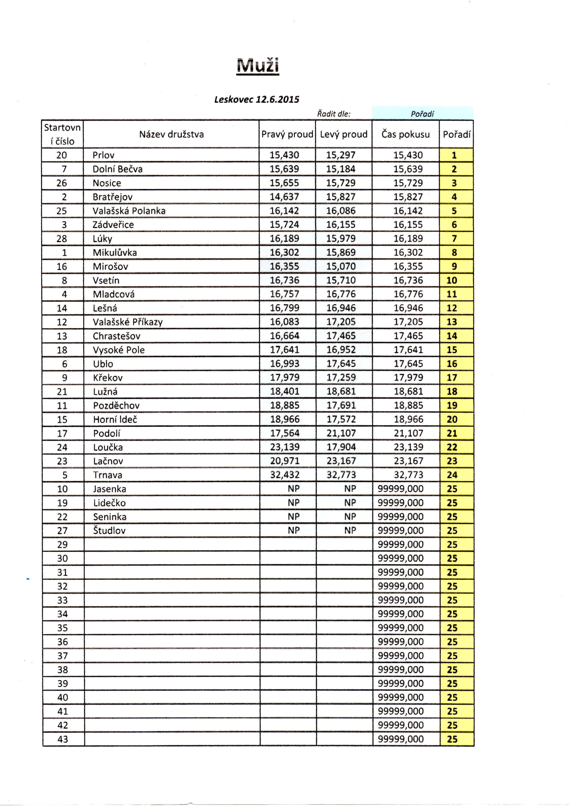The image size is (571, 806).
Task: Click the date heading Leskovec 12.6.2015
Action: tap(257, 99)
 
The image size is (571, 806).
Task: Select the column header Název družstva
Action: tap(171, 134)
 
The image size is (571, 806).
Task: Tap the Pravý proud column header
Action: tap(287, 134)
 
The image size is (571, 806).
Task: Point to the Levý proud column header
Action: tap(343, 134)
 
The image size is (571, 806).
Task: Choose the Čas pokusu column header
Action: tap(405, 134)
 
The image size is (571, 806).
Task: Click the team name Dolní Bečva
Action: tap(117, 169)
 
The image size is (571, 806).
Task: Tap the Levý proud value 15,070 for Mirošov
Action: tap(341, 266)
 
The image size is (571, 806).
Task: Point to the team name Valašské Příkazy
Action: tap(128, 322)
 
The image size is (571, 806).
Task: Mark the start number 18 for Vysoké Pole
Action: tap(62, 350)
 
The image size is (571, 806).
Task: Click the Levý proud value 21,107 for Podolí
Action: tap(341, 433)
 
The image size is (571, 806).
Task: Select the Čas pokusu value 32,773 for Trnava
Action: tap(408, 475)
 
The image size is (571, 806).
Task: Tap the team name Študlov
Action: tap(109, 530)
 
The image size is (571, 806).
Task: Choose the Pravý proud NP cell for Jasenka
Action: tap(294, 488)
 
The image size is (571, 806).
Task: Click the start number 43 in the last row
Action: tap(62, 739)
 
